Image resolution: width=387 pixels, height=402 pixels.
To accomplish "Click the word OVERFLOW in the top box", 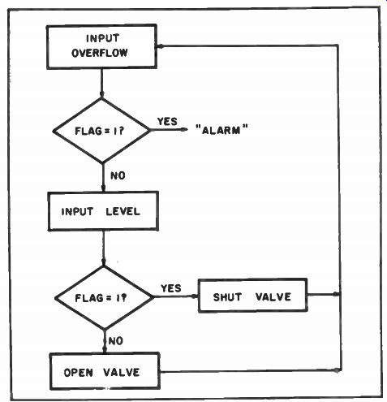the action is point(100,53).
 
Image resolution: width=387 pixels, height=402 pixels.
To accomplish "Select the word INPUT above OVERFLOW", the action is point(102,38).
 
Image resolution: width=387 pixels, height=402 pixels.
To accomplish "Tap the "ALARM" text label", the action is point(221,130).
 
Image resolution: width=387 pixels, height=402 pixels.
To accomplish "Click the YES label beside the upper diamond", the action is point(167,121).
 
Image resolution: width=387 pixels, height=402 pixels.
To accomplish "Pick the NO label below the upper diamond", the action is point(118,175).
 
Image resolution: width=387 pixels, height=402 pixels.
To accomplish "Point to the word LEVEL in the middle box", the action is point(123,211).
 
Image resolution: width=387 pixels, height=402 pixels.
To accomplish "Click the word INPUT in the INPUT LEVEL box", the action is point(77,211).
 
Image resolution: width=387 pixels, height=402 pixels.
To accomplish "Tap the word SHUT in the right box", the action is point(227,297).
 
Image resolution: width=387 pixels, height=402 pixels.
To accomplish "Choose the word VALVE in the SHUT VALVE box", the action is point(273,296).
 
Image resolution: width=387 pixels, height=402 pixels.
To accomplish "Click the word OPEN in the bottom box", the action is point(79,373).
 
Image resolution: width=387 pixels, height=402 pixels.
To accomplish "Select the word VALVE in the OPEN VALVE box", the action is point(121,372).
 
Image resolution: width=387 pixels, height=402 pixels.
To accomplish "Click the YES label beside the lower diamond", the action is point(171,288).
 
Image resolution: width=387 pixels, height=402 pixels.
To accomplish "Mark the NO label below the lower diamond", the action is point(116,341).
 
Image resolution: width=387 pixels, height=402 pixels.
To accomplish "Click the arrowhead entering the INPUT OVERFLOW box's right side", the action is point(160,46).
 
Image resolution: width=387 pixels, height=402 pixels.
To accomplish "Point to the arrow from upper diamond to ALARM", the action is point(169,130).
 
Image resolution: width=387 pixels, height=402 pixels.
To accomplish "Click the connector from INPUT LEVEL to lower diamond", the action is point(103,248).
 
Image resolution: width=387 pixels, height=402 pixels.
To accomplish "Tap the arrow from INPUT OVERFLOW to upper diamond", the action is point(101,83).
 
